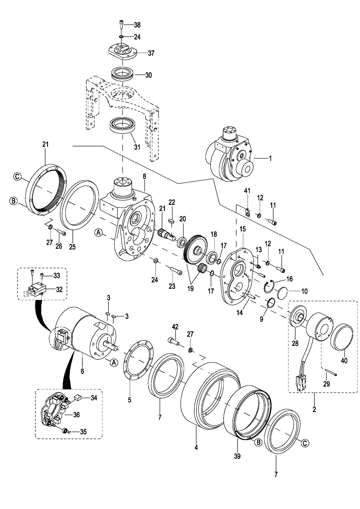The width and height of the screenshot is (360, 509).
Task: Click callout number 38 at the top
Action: [x=137, y=25]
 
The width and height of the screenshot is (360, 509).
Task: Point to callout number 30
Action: [x=137, y=75]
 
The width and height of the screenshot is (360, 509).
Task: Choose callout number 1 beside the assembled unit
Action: [x=270, y=158]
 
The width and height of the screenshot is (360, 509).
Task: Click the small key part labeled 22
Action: [x=171, y=219]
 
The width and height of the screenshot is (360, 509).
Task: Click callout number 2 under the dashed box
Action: [x=314, y=409]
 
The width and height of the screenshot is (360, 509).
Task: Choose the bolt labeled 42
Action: [x=172, y=340]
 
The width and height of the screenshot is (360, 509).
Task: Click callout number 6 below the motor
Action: [x=82, y=371]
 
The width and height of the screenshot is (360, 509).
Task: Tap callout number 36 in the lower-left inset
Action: [x=76, y=415]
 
